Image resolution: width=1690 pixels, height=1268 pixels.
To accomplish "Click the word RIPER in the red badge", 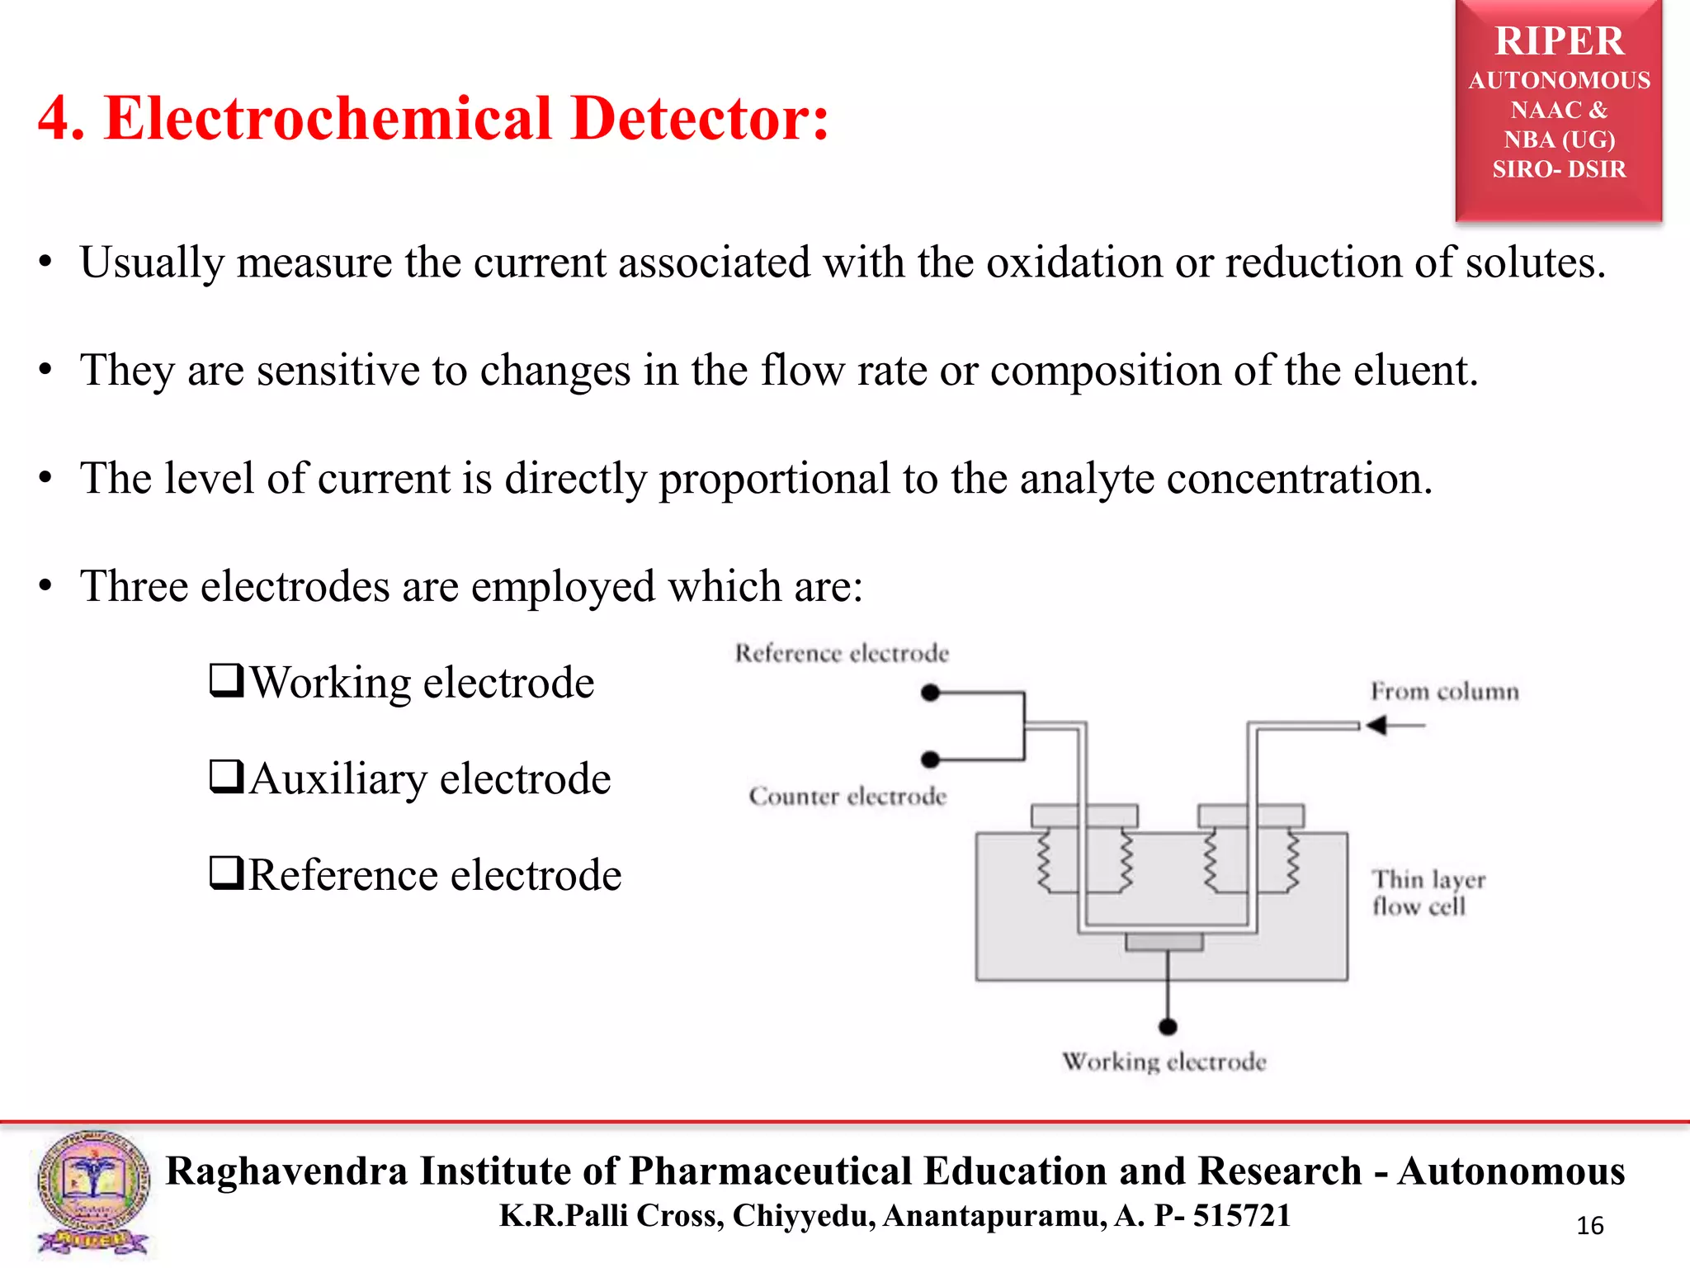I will click(1558, 41).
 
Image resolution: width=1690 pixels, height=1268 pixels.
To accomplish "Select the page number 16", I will click(1589, 1226).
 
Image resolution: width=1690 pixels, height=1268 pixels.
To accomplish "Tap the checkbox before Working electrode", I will click(226, 681).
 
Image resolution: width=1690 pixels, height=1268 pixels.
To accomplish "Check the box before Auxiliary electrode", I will click(226, 777).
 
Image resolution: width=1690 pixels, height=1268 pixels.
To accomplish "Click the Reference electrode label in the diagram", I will click(842, 653).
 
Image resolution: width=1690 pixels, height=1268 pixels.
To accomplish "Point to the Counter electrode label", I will click(847, 796).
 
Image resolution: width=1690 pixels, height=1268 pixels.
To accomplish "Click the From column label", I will click(1444, 691).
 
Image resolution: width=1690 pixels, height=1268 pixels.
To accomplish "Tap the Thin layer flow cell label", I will click(1428, 892).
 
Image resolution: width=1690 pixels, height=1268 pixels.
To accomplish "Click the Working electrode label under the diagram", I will click(1164, 1062).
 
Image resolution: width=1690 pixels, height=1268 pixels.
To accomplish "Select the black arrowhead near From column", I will click(1376, 726).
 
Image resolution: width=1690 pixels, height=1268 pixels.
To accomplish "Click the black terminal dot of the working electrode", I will click(1168, 1027).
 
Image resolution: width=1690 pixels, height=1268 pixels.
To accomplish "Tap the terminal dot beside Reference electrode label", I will click(931, 693).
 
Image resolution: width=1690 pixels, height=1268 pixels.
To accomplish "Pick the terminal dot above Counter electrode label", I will click(931, 759).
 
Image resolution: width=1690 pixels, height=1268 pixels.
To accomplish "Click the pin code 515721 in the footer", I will click(1241, 1215).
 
